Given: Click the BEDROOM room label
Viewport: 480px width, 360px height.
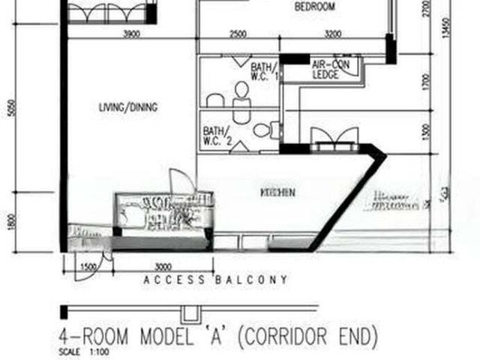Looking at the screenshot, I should tap(315, 7).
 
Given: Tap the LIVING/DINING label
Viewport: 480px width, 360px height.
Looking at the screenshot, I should tap(128, 108).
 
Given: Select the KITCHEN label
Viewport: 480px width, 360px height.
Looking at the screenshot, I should tap(277, 193).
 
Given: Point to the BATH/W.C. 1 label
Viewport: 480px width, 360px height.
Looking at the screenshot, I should tap(264, 70).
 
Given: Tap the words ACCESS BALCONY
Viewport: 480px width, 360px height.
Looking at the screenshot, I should tap(215, 280).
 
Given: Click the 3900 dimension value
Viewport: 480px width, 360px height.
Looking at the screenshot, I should tap(132, 34).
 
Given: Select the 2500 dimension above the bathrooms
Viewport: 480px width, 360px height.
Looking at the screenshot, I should tap(238, 34).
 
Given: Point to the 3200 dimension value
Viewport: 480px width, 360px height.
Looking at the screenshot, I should tap(333, 34).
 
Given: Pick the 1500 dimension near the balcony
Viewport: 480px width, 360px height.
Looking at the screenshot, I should tap(87, 267).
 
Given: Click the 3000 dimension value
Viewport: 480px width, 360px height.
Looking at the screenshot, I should tap(162, 267).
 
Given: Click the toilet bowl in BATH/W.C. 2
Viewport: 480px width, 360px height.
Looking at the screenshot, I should tap(260, 130).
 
